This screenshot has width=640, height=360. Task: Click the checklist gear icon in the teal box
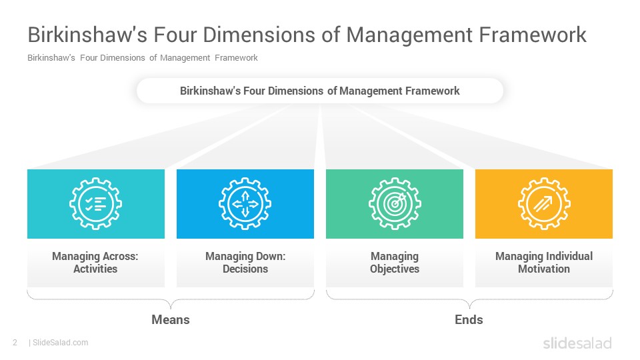[x=95, y=204]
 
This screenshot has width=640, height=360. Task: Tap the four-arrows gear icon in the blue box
[x=245, y=204]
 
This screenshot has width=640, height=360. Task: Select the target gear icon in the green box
[x=395, y=204]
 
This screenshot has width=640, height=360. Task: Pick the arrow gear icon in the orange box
[x=544, y=204]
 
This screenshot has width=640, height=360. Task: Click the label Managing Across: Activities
[x=95, y=263]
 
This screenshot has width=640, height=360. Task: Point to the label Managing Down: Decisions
[x=245, y=263]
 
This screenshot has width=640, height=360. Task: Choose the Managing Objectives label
[x=395, y=263]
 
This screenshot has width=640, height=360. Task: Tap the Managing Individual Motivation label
[x=544, y=263]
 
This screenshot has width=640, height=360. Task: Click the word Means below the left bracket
[x=171, y=319]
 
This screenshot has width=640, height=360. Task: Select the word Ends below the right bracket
[x=469, y=319]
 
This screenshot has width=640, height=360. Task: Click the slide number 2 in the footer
[x=15, y=343]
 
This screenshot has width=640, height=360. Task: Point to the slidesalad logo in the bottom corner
[x=577, y=343]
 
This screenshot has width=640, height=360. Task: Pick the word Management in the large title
[x=409, y=35]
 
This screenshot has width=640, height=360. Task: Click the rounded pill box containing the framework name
[x=320, y=91]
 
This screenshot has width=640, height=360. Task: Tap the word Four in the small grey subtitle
[x=89, y=58]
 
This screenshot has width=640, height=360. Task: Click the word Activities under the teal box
[x=95, y=269]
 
